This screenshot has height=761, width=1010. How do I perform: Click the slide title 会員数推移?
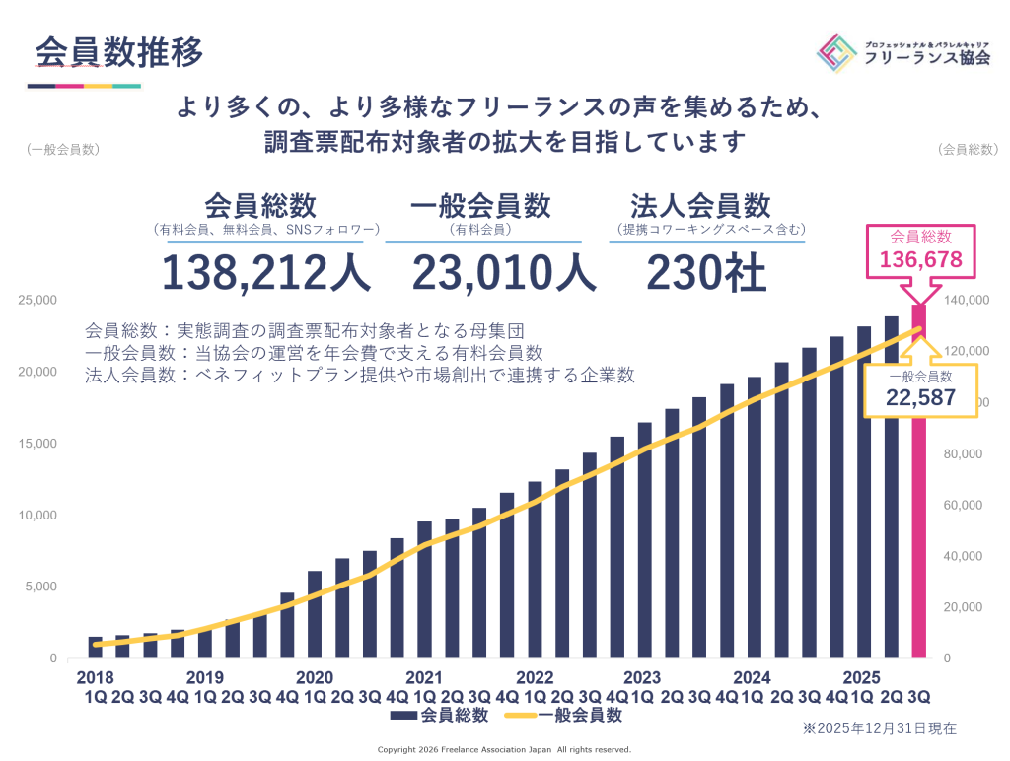[119, 51]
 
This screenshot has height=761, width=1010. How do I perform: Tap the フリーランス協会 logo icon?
[837, 51]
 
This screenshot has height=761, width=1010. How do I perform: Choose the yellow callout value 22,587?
[919, 397]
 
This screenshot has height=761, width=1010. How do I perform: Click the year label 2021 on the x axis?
[423, 678]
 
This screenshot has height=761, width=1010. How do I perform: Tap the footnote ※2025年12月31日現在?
[879, 729]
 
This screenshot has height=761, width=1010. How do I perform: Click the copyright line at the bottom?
[504, 749]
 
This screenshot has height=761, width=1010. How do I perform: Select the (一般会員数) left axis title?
[64, 150]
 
